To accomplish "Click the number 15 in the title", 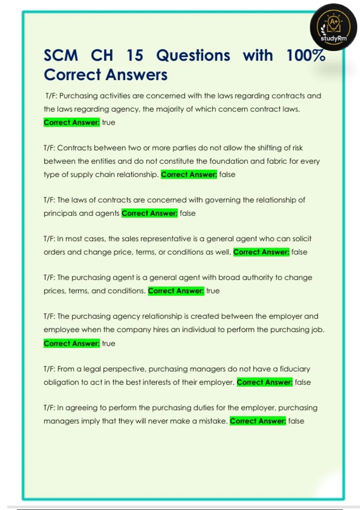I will (x=135, y=55).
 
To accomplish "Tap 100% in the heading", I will (x=306, y=55).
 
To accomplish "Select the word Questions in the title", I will (x=193, y=55).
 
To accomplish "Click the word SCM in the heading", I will (x=61, y=55).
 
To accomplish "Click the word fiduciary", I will (x=295, y=369).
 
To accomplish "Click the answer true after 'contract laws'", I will (x=109, y=122).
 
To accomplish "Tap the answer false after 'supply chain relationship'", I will (x=227, y=175).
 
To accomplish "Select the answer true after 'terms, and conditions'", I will (x=213, y=291).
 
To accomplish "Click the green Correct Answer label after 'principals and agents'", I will (x=149, y=213).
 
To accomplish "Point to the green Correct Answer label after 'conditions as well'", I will (x=261, y=252).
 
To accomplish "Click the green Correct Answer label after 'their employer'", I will (x=265, y=382).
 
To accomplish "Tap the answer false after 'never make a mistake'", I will (x=296, y=421).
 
